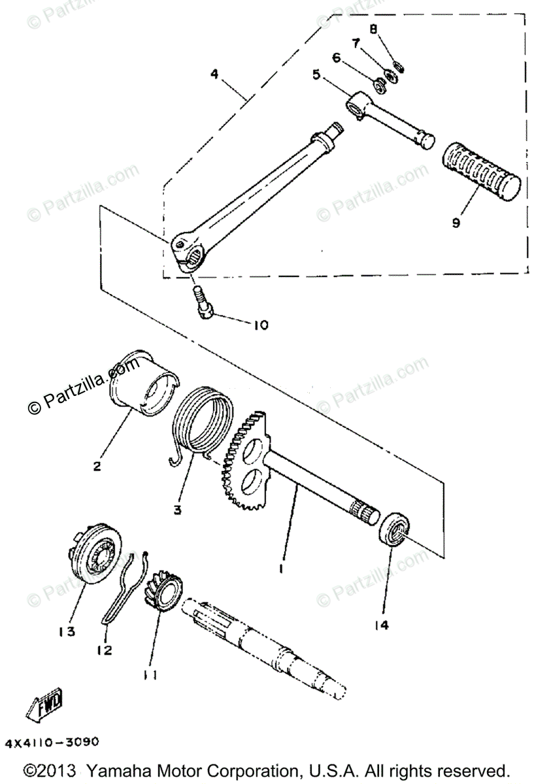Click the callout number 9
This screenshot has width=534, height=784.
pos(455,222)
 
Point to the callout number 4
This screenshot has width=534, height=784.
pos(214,74)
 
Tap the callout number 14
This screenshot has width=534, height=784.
pos(382,625)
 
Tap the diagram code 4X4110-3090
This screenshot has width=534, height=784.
pos(52,743)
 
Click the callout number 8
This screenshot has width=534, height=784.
pos(373,29)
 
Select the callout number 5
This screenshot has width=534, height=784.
pos(317,75)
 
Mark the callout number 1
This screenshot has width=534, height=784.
pos(280,569)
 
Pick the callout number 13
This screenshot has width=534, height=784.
pos(66,631)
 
